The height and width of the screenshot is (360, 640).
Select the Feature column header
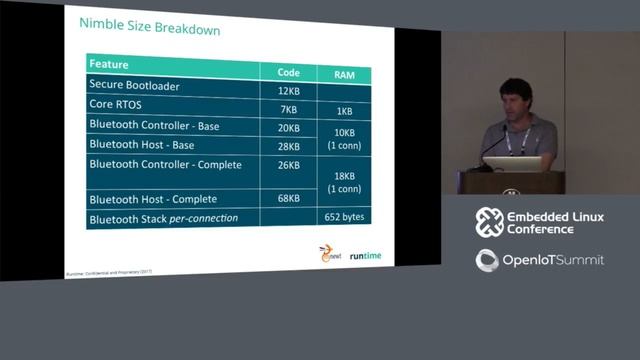pos(109,65)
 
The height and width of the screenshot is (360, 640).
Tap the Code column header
pos(288,72)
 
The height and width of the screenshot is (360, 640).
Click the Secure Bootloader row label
pos(134,86)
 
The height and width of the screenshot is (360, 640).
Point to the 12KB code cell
pos(287,90)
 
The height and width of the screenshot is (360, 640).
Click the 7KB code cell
pos(289,109)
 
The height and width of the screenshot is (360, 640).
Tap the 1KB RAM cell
pos(344,111)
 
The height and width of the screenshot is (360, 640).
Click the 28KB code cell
pos(287,147)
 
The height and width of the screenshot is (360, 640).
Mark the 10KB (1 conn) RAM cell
pos(344,138)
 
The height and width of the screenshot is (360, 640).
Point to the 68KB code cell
pos(288,198)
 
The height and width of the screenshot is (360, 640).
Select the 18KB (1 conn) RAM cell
pos(344,182)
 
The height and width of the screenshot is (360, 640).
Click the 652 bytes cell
pos(344,217)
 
